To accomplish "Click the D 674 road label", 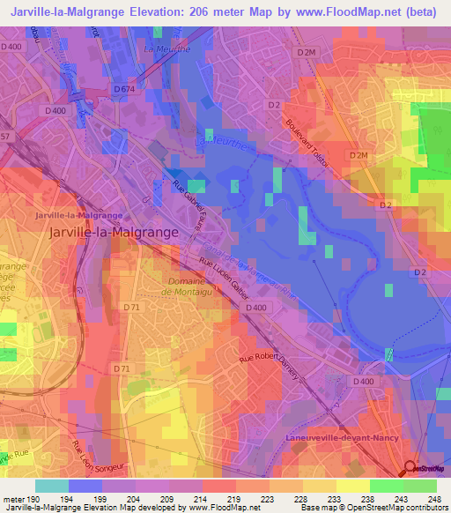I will [124, 89].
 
